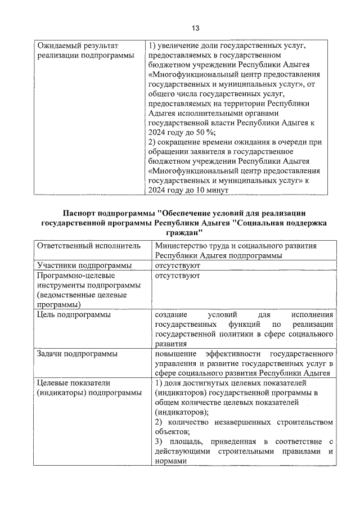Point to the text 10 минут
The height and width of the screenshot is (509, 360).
210,190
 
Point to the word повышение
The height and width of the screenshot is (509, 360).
175,354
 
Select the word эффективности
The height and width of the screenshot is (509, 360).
233,354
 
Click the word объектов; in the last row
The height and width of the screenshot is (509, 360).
172,431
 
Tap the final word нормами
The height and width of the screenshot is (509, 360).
169,460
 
